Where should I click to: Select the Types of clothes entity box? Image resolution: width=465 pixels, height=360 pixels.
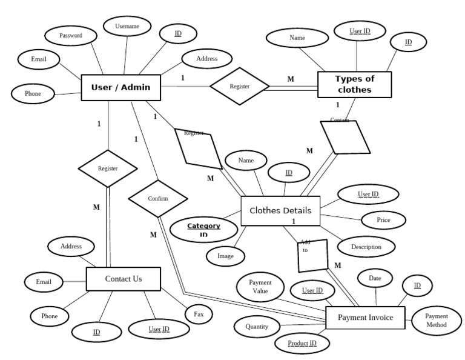355,84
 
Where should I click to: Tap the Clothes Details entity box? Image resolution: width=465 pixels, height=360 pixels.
280,211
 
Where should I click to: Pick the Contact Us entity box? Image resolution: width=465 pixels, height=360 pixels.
124,279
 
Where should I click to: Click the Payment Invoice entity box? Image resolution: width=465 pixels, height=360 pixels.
365,318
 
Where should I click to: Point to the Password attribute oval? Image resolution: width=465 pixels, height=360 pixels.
70,35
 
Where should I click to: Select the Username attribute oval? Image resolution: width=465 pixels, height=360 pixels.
127,26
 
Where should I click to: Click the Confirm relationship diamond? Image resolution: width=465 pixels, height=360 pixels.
157,199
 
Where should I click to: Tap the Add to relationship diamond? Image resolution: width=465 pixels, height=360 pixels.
313,255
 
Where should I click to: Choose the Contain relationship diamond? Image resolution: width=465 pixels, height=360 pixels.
345,137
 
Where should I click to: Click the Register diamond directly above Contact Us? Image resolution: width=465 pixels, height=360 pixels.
108,168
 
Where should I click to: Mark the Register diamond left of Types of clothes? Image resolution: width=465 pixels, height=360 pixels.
239,87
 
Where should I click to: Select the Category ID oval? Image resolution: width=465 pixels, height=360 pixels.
203,230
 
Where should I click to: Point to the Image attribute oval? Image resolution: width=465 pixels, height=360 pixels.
225,256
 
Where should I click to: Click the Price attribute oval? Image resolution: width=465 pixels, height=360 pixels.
383,220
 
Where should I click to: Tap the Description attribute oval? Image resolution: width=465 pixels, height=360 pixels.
366,247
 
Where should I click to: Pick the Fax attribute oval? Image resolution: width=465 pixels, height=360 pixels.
199,315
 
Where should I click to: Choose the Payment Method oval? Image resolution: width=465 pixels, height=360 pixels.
436,320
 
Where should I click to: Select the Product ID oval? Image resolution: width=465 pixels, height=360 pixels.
302,344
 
